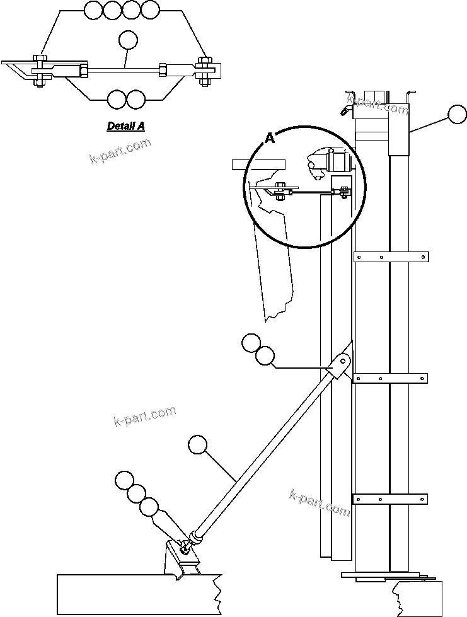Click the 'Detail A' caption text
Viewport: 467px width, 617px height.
(125, 126)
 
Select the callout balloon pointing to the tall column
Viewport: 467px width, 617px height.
(457, 115)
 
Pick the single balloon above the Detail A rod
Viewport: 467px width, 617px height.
(128, 40)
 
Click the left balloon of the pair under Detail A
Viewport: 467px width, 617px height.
(117, 99)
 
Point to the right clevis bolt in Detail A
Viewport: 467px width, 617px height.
(205, 69)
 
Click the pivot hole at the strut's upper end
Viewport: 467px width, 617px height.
(343, 362)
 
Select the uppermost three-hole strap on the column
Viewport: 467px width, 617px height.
(391, 257)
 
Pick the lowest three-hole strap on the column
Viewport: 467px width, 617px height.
(391, 499)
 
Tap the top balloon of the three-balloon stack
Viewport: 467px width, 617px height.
(125, 480)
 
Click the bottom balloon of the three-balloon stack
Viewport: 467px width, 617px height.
(149, 506)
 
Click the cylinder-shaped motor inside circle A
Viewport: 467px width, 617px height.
(338, 162)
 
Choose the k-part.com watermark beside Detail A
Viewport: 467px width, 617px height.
(120, 152)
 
